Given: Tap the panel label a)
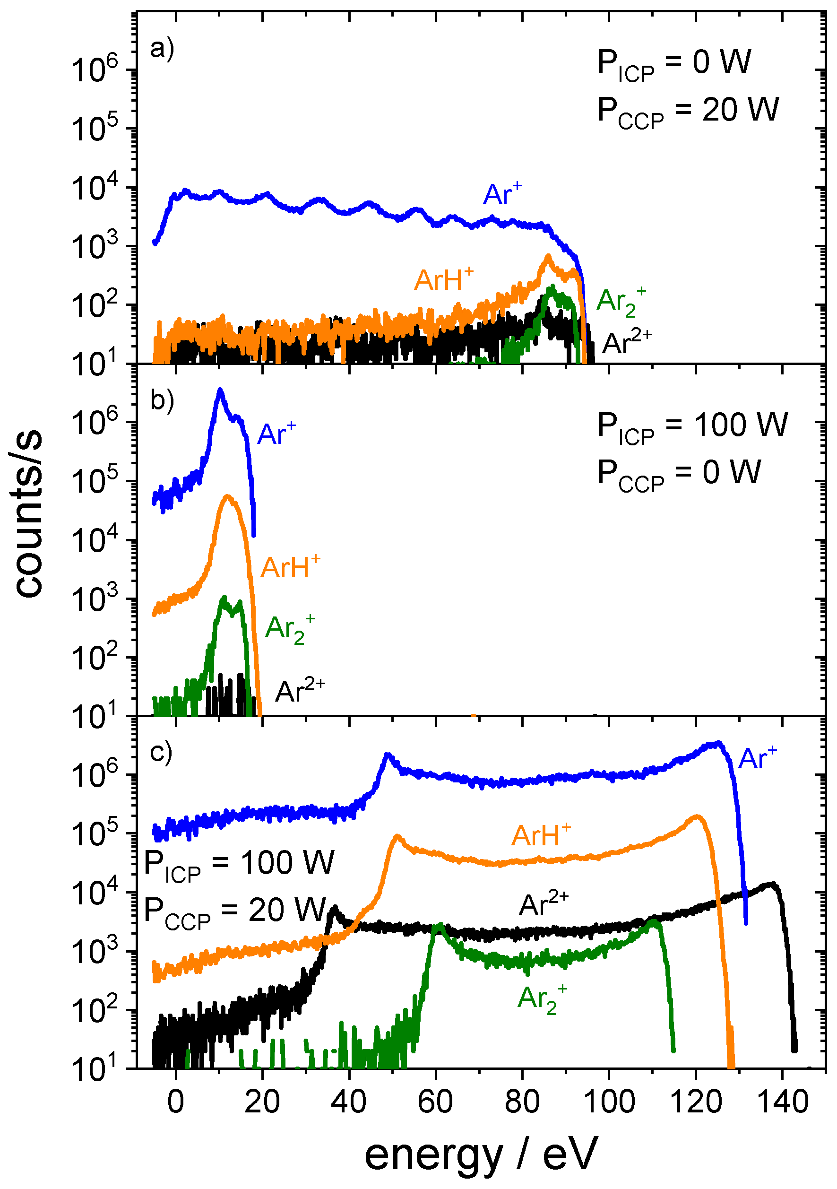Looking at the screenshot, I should pyautogui.click(x=162, y=49).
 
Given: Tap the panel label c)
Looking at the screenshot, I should pyautogui.click(x=161, y=754).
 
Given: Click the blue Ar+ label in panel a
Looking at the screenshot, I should pyautogui.click(x=502, y=195).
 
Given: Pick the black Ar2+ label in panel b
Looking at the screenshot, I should pyautogui.click(x=300, y=691).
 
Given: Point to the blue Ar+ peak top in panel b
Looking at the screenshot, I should pyautogui.click(x=220, y=390).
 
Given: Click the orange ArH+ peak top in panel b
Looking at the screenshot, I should pyautogui.click(x=227, y=496).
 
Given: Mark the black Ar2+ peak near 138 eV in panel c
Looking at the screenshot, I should pyautogui.click(x=773, y=885).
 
